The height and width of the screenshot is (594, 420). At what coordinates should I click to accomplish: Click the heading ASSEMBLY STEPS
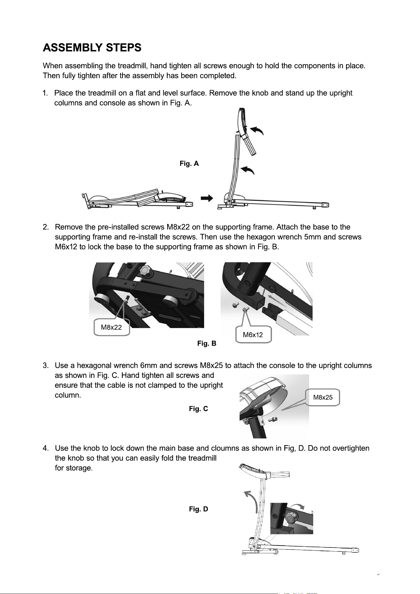click(92, 48)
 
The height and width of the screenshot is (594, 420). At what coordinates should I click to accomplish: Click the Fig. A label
click(189, 164)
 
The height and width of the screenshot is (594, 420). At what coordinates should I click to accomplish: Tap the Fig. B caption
click(207, 343)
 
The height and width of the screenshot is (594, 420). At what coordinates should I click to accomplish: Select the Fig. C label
click(199, 409)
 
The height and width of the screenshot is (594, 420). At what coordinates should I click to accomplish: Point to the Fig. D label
click(199, 509)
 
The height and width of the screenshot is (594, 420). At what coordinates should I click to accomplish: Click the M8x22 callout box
click(112, 327)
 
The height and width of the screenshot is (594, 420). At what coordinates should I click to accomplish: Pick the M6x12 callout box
click(253, 334)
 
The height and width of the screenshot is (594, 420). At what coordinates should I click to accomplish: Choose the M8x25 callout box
click(323, 397)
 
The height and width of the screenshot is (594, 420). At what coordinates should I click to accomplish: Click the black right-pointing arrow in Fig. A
click(207, 198)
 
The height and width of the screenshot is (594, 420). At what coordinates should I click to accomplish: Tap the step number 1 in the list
click(45, 93)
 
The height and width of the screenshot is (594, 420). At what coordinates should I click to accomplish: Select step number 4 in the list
click(45, 448)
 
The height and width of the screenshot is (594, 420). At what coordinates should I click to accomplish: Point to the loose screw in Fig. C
click(273, 419)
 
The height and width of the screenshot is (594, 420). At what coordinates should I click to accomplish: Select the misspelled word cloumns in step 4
click(225, 448)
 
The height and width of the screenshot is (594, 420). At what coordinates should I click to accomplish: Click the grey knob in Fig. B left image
click(146, 271)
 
